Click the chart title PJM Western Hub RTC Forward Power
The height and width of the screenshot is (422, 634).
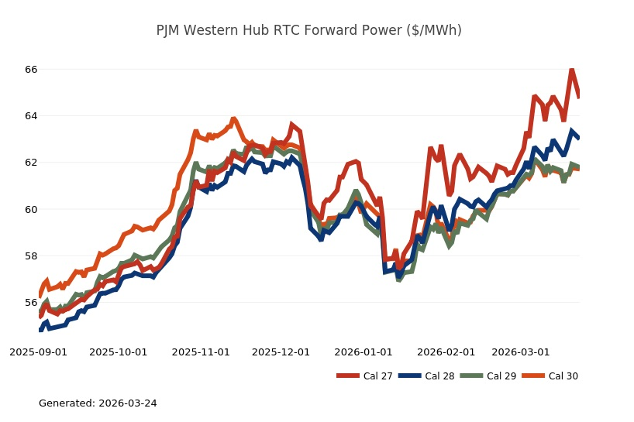coord(308,31)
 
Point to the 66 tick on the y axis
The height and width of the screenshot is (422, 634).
coord(31,70)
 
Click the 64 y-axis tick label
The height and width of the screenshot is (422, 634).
coord(31,116)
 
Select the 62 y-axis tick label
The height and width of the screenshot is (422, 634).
coord(31,163)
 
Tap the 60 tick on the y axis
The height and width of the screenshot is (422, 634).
coord(31,209)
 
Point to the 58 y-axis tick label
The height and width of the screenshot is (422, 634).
coord(31,256)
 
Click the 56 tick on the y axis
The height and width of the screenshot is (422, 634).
coord(31,302)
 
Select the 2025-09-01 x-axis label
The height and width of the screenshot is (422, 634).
coord(38,352)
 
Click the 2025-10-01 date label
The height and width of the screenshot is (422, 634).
coord(119,352)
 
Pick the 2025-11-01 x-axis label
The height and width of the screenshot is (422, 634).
coord(201,352)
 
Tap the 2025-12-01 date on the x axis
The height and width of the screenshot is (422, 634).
coord(281,352)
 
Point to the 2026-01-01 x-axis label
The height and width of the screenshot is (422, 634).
coord(363,352)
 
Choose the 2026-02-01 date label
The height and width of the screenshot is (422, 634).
coord(446,352)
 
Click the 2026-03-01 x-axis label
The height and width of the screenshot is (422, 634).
coord(521,352)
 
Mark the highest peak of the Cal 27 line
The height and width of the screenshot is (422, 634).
coord(571,70)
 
